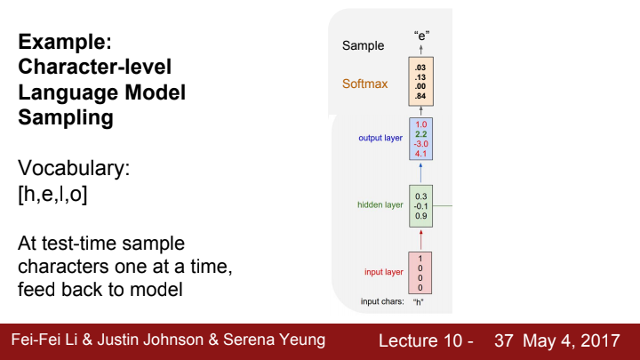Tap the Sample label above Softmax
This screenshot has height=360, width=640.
pos(363,45)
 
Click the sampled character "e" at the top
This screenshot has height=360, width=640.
pos(421,36)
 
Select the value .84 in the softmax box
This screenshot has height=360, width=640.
pos(421,96)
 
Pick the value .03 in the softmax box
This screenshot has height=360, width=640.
pos(421,68)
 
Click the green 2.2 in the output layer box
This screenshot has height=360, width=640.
pos(421,133)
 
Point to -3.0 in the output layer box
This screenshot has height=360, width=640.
pos(421,143)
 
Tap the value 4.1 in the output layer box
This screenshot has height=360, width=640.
pos(421,153)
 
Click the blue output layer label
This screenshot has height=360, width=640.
pos(380,138)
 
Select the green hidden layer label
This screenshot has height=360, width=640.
pos(380,204)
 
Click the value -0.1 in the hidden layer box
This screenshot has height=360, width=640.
pos(421,205)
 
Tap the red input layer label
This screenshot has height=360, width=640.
pos(383,271)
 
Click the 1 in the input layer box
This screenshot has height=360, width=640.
pos(420,258)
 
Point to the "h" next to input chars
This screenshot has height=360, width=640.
pos(420,302)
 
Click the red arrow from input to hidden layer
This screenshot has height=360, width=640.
pos(421,238)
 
